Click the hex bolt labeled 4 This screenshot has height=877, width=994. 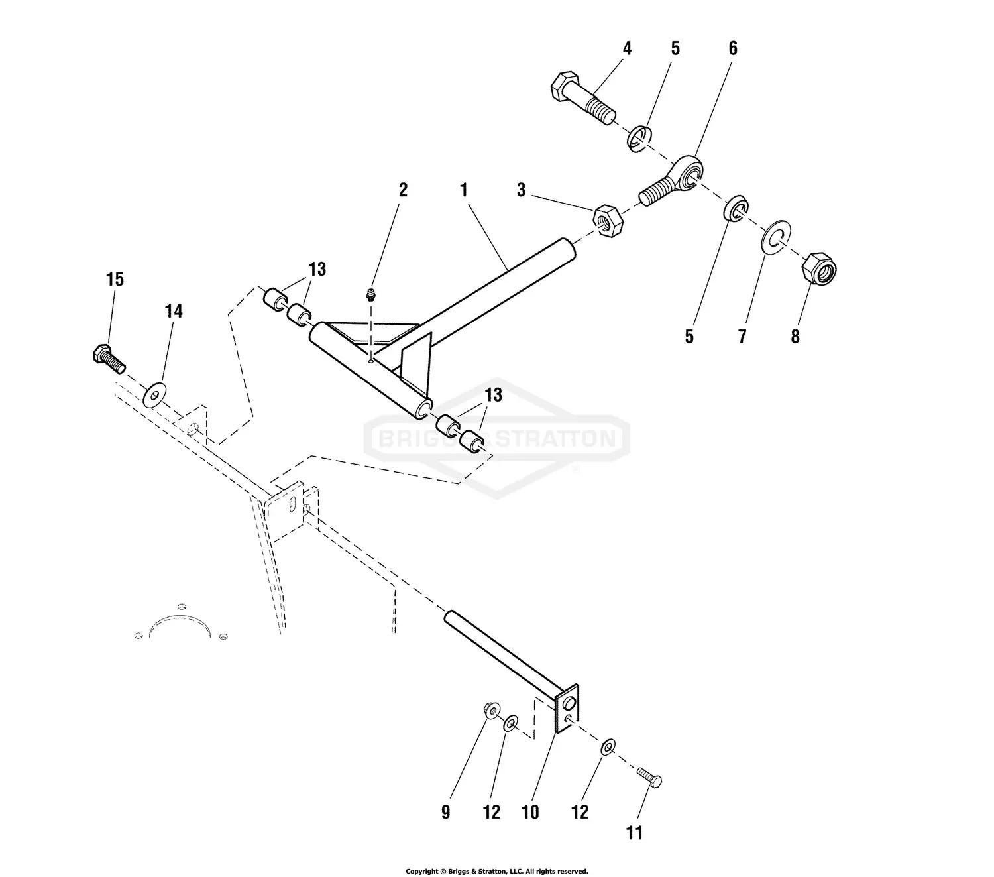coord(580,99)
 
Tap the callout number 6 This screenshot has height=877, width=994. coord(732,48)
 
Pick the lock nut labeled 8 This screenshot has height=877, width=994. coord(819,268)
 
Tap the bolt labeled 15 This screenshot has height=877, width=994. coord(108,359)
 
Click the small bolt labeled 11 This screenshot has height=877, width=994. coord(649,777)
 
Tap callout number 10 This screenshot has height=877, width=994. coord(530,813)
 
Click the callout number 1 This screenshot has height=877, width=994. coord(464,190)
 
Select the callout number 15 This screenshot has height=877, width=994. coord(115,280)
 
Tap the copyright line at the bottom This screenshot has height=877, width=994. coord(496,871)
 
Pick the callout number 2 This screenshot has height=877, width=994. coord(403,190)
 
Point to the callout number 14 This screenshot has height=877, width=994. coord(174,311)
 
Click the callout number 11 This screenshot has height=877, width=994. coord(634,833)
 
